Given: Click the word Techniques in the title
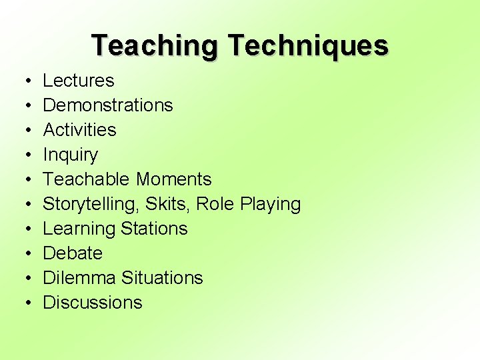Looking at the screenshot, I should click(x=307, y=46).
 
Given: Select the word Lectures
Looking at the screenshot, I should click(x=78, y=81).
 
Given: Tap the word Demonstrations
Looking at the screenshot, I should click(x=107, y=105).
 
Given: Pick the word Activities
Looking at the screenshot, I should click(x=79, y=130).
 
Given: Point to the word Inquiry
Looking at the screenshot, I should click(x=70, y=155).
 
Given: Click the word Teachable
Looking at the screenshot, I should click(x=87, y=179).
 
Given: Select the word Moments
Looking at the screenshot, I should click(x=173, y=179).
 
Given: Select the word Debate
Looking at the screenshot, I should click(x=72, y=253).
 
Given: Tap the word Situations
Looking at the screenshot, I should click(x=164, y=278).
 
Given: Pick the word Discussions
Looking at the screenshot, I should click(x=92, y=303).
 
